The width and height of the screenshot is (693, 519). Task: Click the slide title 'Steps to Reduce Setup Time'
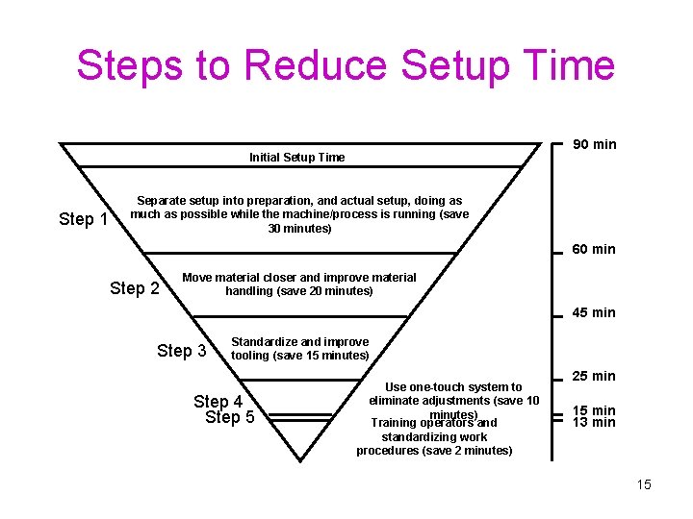pos(346,65)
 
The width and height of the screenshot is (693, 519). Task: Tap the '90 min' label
pos(595,144)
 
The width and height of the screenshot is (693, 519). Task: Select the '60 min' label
pos(594,249)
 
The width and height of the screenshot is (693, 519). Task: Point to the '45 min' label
pos(594,312)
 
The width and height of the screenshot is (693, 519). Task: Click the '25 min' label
pos(594,375)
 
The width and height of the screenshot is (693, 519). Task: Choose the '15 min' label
pos(594,409)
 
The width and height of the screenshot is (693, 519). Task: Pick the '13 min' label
pos(594,422)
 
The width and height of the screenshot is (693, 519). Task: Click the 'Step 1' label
pos(83,219)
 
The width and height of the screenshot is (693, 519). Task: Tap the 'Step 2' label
pos(135,288)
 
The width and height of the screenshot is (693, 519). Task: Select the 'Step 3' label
pos(181,351)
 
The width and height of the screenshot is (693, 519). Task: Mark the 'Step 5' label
pos(230,417)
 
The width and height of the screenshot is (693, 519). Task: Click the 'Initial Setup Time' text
pos(296,158)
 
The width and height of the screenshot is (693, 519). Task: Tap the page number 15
pos(643,484)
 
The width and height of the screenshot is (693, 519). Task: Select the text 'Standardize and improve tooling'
pos(299,348)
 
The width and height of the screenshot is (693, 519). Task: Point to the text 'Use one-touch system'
pos(453,387)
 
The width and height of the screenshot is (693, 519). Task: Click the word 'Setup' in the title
pos(452,65)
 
